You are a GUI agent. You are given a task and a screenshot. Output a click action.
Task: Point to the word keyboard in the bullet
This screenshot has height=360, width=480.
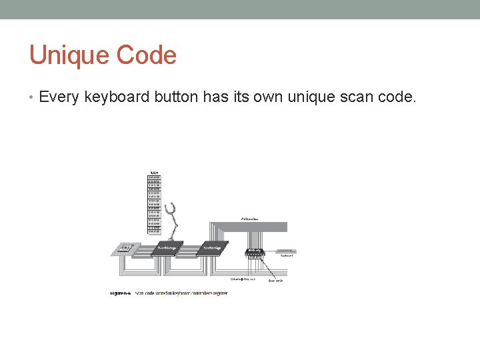[x=117, y=98]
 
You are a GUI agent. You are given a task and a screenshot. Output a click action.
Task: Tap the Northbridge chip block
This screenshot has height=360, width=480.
[x=167, y=248]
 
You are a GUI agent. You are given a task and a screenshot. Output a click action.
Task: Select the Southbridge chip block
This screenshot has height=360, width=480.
[x=212, y=248]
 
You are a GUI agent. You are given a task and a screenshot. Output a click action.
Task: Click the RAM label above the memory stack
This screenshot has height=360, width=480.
[x=154, y=172]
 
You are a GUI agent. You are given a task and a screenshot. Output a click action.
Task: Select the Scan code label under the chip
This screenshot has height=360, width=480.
[x=275, y=281]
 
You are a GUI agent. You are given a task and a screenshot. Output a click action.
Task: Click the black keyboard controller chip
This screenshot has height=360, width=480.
[x=253, y=251]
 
